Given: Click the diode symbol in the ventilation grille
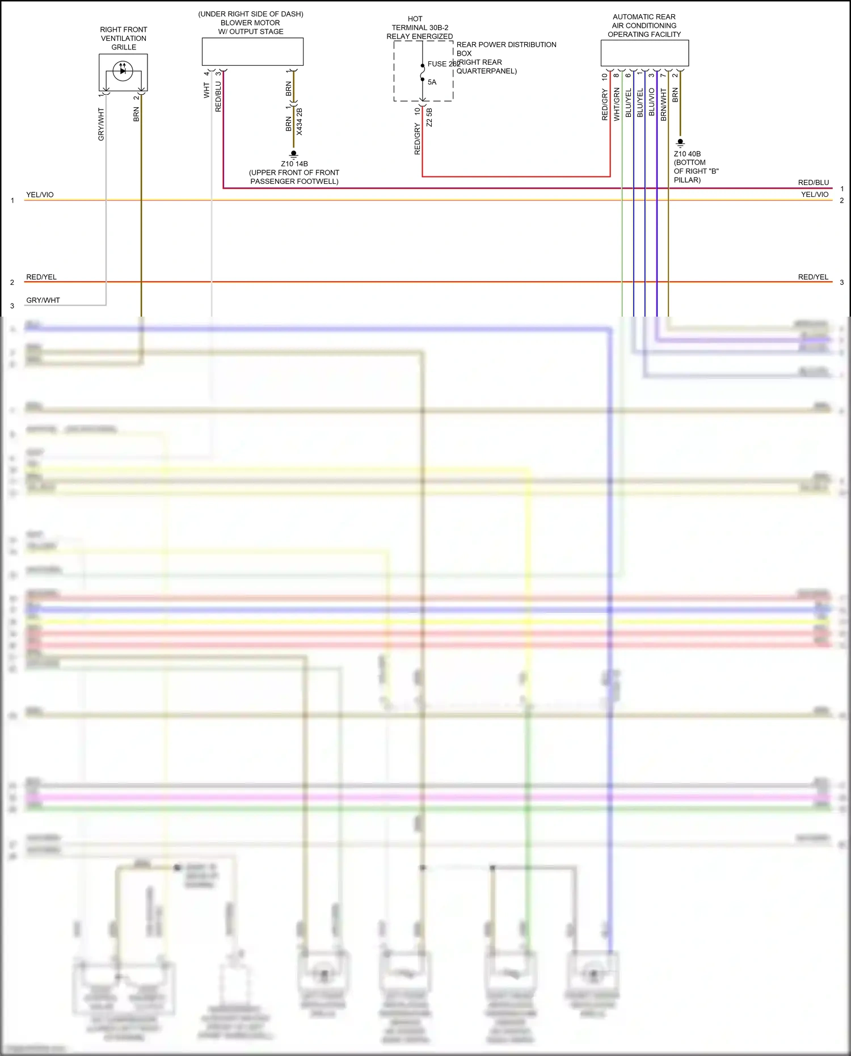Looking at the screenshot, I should [x=123, y=71].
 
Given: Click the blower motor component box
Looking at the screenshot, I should [x=252, y=52].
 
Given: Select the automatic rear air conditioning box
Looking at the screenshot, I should [x=644, y=53].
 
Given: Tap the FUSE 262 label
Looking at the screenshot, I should [x=443, y=64].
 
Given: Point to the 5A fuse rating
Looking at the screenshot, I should [x=432, y=82].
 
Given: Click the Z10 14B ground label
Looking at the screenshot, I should [x=294, y=164].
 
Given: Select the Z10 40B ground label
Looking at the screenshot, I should [x=687, y=154].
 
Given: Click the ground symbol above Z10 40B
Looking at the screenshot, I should [x=680, y=142].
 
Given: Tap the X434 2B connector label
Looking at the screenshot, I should [x=300, y=121].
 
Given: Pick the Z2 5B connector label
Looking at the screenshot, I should [x=429, y=117].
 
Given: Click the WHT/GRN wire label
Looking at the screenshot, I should [x=617, y=104].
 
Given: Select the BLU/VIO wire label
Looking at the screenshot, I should [x=652, y=103].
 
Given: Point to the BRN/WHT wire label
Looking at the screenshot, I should [x=664, y=104].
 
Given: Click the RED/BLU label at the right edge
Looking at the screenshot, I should [x=813, y=183].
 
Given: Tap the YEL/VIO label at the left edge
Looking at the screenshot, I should [x=40, y=195].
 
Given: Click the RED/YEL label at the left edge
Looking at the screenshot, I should [x=41, y=277].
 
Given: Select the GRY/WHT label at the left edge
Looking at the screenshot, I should [x=43, y=300].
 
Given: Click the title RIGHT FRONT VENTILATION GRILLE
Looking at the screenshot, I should [x=124, y=38].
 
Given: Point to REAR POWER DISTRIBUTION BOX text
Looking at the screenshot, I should [x=506, y=49].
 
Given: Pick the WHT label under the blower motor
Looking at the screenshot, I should [x=207, y=90].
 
